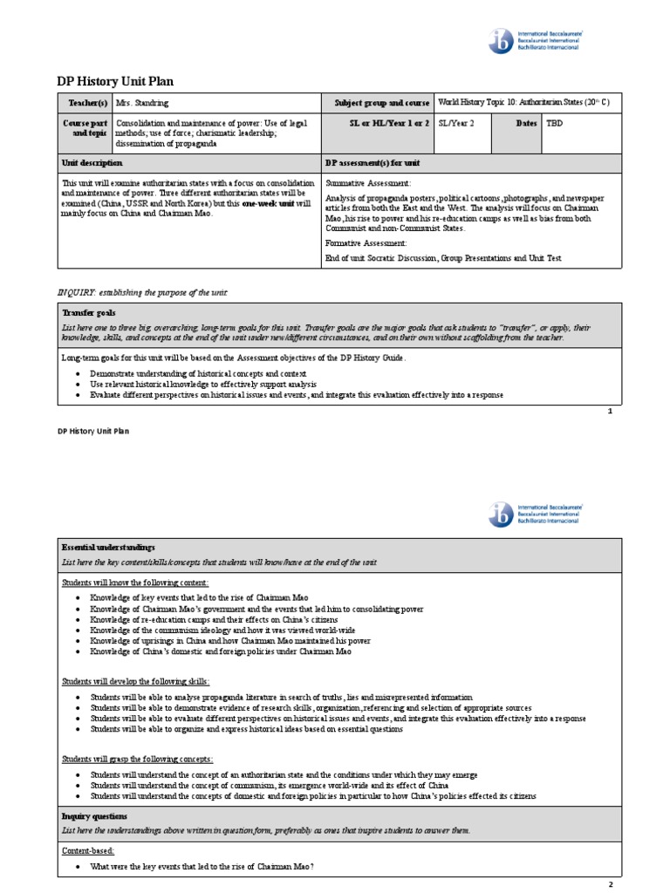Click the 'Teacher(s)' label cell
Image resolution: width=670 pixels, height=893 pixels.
pyautogui.click(x=85, y=103)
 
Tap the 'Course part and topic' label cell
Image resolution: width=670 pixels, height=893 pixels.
pyautogui.click(x=85, y=128)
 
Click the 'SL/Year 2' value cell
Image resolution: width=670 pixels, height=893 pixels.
pyautogui.click(x=457, y=124)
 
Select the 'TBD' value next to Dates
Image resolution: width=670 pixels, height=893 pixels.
pyautogui.click(x=555, y=124)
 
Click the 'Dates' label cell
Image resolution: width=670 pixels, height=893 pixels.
pyautogui.click(x=526, y=124)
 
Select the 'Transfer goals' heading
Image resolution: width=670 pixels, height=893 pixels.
pyautogui.click(x=88, y=312)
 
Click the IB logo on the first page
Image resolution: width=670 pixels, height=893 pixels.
pyautogui.click(x=502, y=41)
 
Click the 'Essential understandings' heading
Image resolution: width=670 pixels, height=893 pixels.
pyautogui.click(x=108, y=546)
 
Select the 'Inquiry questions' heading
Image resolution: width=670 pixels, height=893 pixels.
pyautogui.click(x=95, y=815)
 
